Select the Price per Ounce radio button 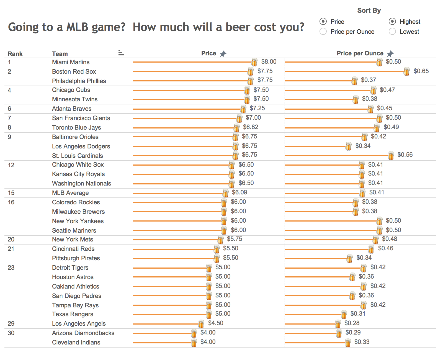(x=323, y=32)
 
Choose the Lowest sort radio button (x=392, y=32)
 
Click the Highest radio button (x=392, y=21)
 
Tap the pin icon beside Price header (x=223, y=54)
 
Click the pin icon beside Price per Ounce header (x=390, y=54)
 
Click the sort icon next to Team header (x=121, y=53)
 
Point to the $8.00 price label (x=269, y=61)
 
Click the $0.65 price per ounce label (x=421, y=71)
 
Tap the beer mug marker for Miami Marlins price (x=254, y=62)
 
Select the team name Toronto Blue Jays (x=76, y=127)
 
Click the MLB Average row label (x=70, y=193)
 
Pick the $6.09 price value (x=239, y=192)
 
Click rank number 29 (x=11, y=323)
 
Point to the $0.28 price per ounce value (x=352, y=323)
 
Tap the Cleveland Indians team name (x=76, y=342)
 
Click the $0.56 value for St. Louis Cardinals (x=405, y=155)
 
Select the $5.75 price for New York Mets (x=234, y=239)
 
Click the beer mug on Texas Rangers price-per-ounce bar (x=344, y=314)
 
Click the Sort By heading (x=369, y=11)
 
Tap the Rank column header (x=15, y=54)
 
